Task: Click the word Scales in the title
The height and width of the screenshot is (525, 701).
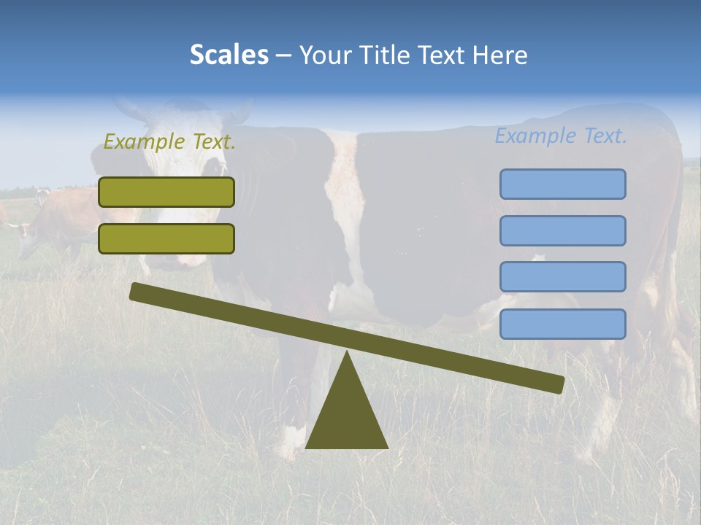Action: [229, 55]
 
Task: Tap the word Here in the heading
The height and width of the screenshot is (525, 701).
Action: [500, 55]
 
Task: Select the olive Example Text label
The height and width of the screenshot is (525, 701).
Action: [169, 141]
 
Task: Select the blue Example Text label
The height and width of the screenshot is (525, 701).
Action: [561, 136]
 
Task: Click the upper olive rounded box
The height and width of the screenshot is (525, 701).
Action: [166, 192]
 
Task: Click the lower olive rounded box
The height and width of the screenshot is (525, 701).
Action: [166, 238]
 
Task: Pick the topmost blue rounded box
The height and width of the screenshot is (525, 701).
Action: [562, 184]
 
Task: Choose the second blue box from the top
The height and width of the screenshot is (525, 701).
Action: [562, 230]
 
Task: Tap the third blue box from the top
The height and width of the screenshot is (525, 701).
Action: [562, 277]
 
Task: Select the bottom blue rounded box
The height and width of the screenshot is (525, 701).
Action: [562, 324]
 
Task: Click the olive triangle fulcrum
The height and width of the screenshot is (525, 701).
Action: [346, 416]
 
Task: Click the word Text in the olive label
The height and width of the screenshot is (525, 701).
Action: [213, 141]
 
